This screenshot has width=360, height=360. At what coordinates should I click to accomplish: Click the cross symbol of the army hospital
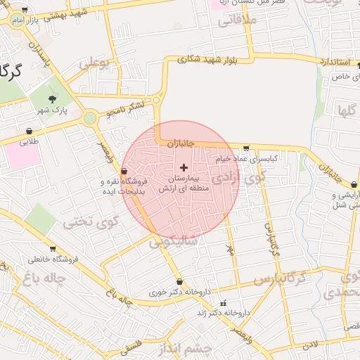pos(184,167)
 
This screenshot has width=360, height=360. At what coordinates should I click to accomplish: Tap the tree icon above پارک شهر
pos(52,99)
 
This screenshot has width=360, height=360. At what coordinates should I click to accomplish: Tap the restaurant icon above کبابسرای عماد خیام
pos(245,148)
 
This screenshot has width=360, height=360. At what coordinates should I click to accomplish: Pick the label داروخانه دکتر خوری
pos(177,292)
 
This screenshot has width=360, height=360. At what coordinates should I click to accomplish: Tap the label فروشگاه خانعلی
pos(56,258)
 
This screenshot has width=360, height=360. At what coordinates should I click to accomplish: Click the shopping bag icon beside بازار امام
pos(25,11)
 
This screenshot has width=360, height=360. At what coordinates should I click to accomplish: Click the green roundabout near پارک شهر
pos(89,118)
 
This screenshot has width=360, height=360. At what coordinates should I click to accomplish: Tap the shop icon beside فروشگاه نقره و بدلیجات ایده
pos(124,171)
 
